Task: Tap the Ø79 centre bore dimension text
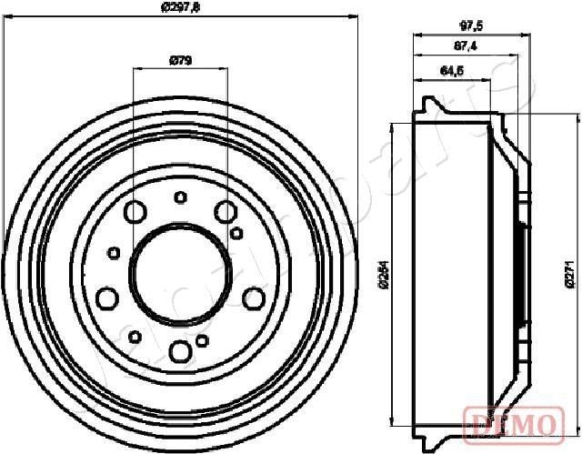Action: [180, 61]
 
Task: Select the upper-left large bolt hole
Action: [135, 213]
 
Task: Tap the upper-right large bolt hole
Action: [226, 213]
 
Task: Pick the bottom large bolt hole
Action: [180, 349]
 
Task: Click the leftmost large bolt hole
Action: [106, 298]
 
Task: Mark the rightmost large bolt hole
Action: [254, 298]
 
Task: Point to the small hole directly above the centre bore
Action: [180, 197]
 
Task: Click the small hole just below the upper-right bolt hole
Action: [236, 233]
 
